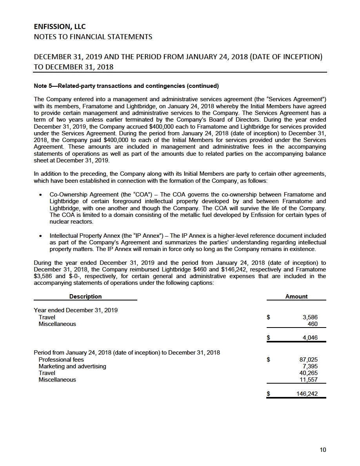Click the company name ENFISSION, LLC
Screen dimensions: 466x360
[x=60, y=27]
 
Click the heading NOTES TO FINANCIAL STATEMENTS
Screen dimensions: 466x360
[x=93, y=37]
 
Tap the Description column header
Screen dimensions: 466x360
[x=85, y=297]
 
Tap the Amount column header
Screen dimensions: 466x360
[x=296, y=297]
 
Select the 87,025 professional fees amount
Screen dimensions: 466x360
[x=308, y=360]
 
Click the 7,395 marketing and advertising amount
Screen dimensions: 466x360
[x=310, y=366]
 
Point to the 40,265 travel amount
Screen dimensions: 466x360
[x=308, y=373]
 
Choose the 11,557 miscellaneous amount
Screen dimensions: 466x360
[x=308, y=380]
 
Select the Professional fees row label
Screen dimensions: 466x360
[x=61, y=360]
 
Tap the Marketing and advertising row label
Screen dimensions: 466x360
[x=72, y=366]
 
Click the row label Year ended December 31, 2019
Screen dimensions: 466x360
[x=76, y=310]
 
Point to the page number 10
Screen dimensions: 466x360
[x=323, y=450]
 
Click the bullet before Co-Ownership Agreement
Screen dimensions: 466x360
[x=42, y=195]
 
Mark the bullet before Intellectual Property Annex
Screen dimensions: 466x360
[x=42, y=236]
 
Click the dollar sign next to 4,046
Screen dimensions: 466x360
[x=268, y=338]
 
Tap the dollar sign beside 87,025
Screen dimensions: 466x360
[x=268, y=360]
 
